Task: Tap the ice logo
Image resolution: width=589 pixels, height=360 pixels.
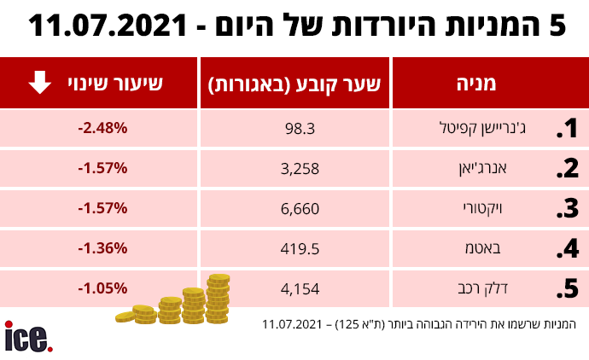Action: pyautogui.click(x=28, y=336)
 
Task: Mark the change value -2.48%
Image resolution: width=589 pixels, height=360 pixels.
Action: pyautogui.click(x=102, y=128)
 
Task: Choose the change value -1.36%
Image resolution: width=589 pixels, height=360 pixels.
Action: pyautogui.click(x=102, y=248)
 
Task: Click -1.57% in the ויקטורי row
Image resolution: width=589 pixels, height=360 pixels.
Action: pyautogui.click(x=102, y=208)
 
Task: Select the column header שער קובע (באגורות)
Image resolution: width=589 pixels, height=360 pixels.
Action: pyautogui.click(x=296, y=84)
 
